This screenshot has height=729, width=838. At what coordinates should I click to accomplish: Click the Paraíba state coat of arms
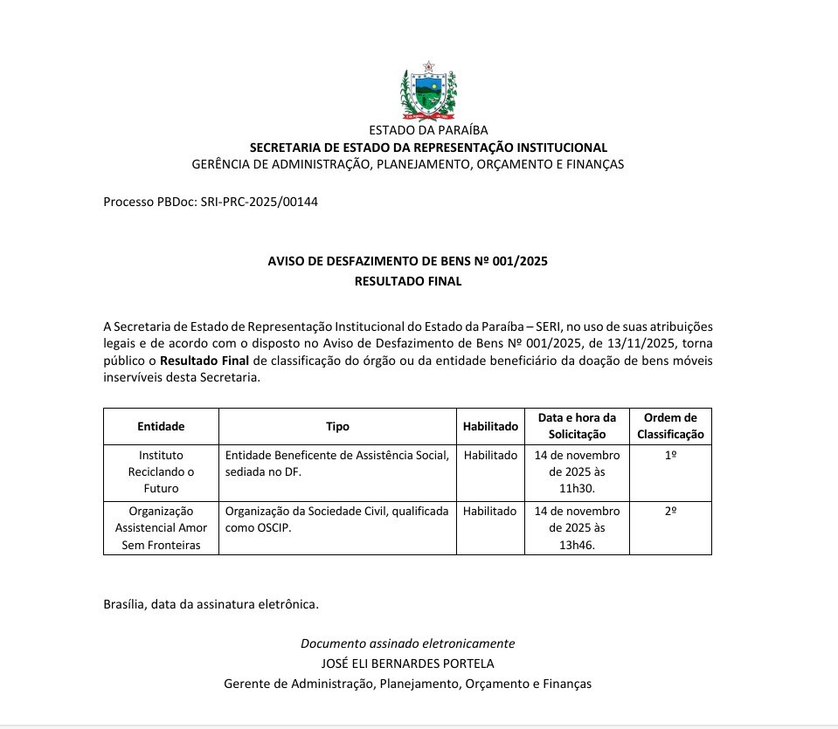[x=428, y=91]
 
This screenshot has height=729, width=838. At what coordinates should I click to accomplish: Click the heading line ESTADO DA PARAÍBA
[x=428, y=131]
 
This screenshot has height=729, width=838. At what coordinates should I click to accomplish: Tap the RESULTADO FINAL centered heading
[x=407, y=281]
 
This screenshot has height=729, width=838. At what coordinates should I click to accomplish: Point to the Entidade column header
[x=161, y=426]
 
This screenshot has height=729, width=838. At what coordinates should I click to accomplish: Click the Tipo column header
[x=337, y=426]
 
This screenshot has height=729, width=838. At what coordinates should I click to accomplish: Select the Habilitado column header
[x=490, y=426]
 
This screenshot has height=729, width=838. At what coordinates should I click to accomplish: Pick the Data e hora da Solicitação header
[x=577, y=426]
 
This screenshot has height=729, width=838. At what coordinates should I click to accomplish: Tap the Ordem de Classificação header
[x=670, y=426]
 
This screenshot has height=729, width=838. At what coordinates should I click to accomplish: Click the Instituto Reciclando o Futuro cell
[x=161, y=471]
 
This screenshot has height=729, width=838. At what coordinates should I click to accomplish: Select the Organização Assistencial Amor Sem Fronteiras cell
[x=161, y=527]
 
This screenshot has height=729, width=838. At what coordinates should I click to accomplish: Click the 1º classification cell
[x=670, y=456]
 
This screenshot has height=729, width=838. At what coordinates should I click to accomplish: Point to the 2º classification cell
[x=670, y=511]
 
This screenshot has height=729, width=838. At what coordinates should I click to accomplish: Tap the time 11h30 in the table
[x=577, y=488]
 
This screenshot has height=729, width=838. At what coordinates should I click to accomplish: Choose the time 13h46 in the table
[x=577, y=545]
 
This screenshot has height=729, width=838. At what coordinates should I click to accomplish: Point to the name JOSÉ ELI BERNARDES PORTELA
[x=407, y=664]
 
